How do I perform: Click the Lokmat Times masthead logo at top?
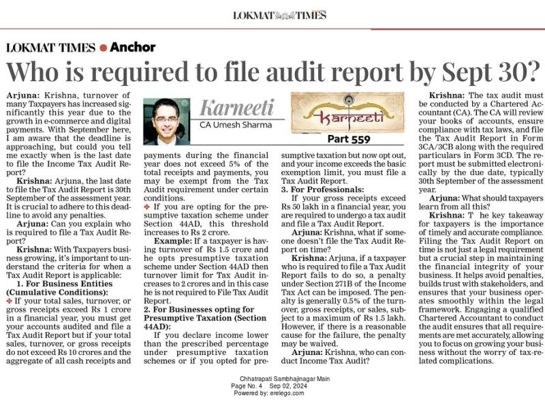point(272,14)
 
